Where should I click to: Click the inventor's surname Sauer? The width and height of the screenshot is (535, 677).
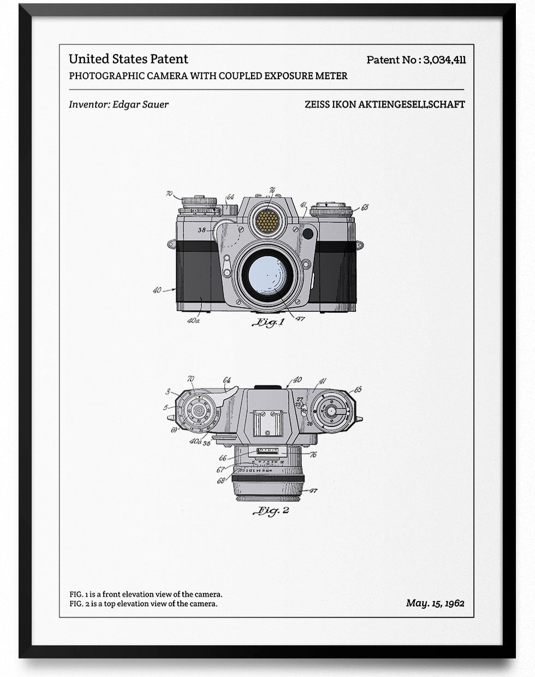coord(155,104)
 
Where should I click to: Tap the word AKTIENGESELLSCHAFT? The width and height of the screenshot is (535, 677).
coord(411,104)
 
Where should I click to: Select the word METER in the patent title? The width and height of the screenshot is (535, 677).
coord(331,76)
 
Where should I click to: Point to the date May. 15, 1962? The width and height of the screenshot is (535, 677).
coord(435,603)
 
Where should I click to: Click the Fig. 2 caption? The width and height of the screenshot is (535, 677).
coord(271,511)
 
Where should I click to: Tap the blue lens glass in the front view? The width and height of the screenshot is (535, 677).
coord(268,274)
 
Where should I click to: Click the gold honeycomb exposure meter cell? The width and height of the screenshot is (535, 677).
coord(267,221)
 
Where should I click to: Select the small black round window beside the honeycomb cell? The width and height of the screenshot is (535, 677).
coord(308,234)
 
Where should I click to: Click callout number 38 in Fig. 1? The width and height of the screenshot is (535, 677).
coord(202,230)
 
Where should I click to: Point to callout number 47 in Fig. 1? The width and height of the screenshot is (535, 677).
coord(300,318)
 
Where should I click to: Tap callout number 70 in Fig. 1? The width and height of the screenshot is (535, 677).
coord(169,193)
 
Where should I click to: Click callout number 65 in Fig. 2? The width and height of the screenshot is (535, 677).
coord(358,390)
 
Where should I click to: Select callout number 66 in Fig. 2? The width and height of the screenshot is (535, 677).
coord(222,459)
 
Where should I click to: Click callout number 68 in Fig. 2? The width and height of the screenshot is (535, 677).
coord(221,480)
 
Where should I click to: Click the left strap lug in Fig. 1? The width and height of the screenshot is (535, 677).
coord(171,244)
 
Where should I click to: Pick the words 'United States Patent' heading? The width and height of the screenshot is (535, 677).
coord(128,59)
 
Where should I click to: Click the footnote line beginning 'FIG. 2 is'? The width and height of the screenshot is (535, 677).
coord(143,603)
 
